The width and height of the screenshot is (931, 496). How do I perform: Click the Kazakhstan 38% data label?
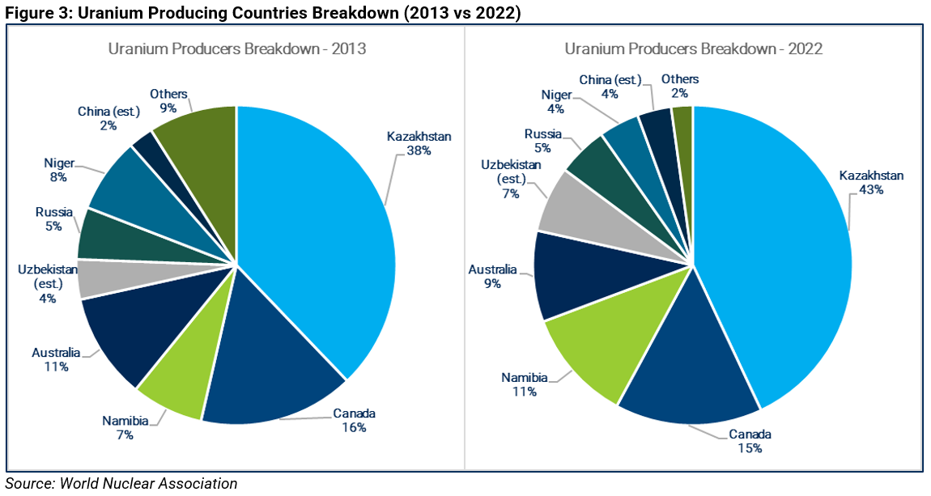[419, 144]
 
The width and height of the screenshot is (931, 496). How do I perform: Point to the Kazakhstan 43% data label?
[871, 183]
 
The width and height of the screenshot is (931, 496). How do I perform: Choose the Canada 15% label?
[750, 441]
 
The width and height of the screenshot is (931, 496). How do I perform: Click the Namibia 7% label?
[124, 428]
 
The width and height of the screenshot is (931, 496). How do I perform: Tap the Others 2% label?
[679, 86]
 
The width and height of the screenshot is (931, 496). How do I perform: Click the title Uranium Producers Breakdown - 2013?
[237, 49]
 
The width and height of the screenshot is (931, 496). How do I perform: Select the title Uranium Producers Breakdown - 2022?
[694, 49]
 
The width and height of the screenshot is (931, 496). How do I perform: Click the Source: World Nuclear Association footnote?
[121, 484]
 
